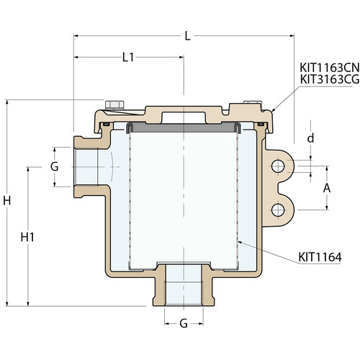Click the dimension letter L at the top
(x=187, y=35)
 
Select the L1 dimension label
(x=127, y=58)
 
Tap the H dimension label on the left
(x=7, y=202)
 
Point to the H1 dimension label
(x=27, y=236)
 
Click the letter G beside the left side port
(x=53, y=167)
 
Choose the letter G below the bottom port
(x=183, y=324)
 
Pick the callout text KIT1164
(x=320, y=256)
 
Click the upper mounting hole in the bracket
(x=278, y=166)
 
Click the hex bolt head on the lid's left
(x=112, y=104)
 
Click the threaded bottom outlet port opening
(x=183, y=284)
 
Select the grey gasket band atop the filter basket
(x=183, y=126)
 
